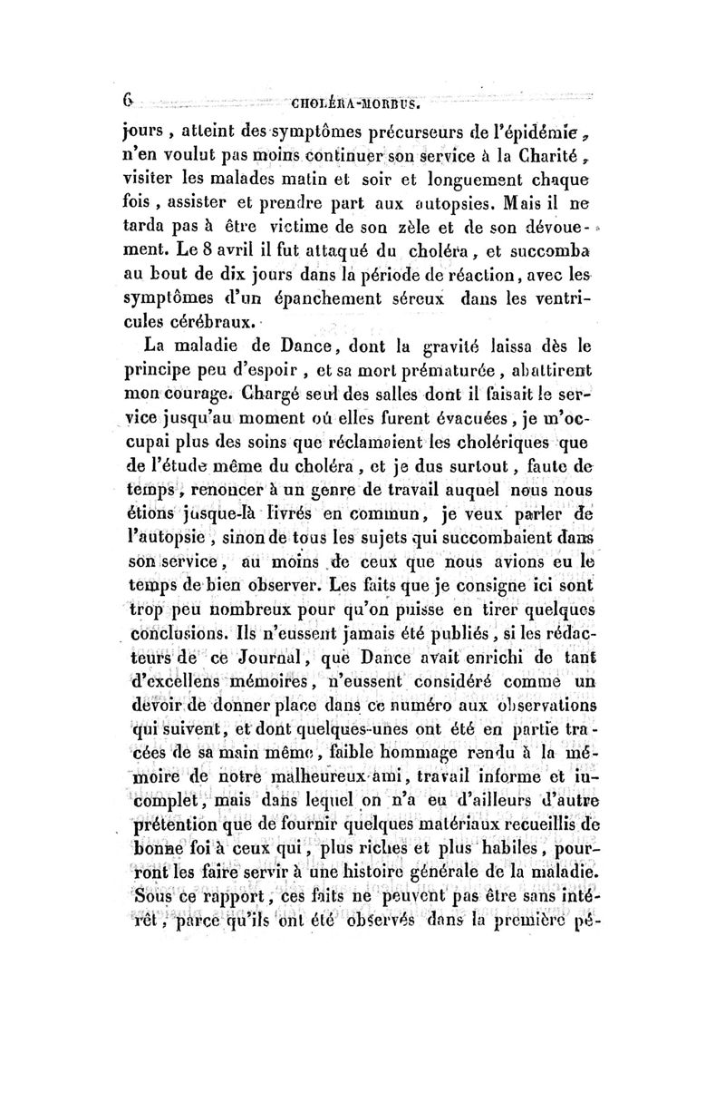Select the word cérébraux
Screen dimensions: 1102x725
216,323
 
